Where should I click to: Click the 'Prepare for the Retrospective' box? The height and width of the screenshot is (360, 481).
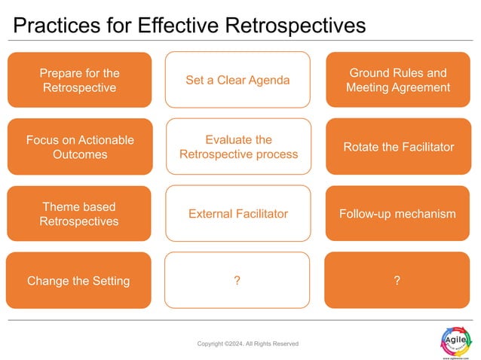click(x=78, y=80)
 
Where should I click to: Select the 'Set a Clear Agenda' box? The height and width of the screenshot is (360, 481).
click(x=237, y=80)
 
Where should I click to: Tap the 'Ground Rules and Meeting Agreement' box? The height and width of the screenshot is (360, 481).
click(x=397, y=80)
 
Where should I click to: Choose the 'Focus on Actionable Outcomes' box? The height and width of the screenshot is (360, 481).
click(x=78, y=147)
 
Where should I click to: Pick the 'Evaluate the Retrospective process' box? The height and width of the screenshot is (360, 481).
click(x=238, y=147)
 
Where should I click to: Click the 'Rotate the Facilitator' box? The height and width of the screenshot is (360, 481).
click(x=397, y=147)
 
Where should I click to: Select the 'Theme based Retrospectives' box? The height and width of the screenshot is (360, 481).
click(x=78, y=213)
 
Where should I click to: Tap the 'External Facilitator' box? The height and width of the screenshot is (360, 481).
click(x=238, y=213)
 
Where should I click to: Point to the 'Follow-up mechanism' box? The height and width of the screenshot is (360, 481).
click(x=397, y=213)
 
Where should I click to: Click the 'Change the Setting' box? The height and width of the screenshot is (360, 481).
click(x=78, y=280)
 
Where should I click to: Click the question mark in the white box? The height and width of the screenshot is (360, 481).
click(x=237, y=281)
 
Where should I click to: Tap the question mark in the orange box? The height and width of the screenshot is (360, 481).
click(x=397, y=281)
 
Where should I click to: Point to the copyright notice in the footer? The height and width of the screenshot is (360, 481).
click(x=247, y=343)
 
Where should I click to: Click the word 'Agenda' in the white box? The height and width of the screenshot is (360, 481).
click(x=268, y=80)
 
